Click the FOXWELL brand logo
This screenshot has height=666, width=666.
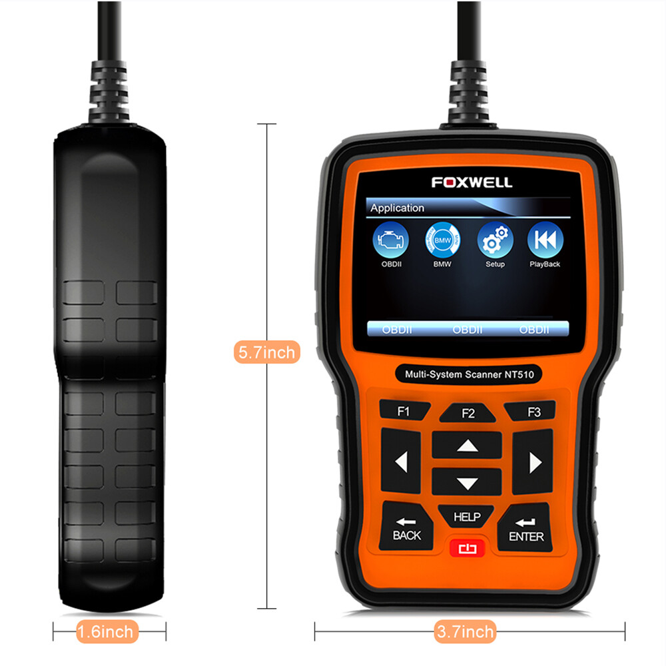point(472,182)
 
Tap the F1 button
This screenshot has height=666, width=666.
point(404,411)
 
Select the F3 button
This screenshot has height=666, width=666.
point(533,412)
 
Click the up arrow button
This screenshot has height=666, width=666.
point(468,446)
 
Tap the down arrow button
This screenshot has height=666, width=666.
point(468,483)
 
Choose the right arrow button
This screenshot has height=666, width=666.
point(534,462)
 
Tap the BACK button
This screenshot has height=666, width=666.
point(406,529)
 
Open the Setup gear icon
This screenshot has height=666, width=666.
point(495,242)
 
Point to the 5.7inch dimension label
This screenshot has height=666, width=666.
point(267,352)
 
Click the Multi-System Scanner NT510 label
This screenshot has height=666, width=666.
point(469,374)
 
